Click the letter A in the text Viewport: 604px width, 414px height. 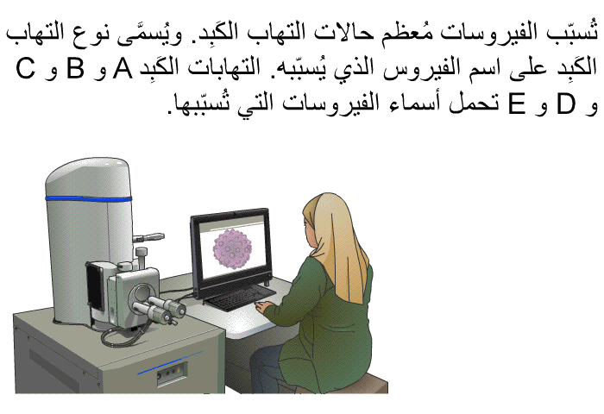click(x=123, y=68)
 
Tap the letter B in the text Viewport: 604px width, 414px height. click(x=75, y=68)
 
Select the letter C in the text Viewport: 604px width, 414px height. click(x=25, y=68)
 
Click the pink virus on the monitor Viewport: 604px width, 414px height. click(x=232, y=249)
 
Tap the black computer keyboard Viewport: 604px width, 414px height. click(x=241, y=298)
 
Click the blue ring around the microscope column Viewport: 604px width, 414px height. click(x=89, y=198)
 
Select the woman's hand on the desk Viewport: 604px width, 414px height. click(x=263, y=307)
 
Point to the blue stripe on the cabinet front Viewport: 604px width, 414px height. click(x=170, y=362)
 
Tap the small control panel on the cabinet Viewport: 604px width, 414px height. click(x=172, y=373)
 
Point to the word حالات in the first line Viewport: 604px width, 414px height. click(x=342, y=32)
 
